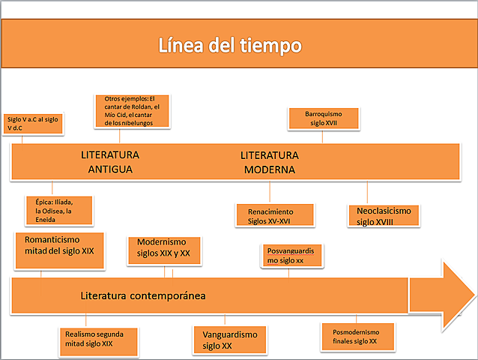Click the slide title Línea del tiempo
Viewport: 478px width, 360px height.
[230, 46]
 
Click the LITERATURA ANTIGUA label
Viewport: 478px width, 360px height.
[110, 162]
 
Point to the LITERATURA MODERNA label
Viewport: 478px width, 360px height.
[269, 162]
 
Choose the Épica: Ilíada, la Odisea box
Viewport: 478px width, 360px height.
[60, 211]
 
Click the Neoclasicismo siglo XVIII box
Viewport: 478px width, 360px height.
[384, 215]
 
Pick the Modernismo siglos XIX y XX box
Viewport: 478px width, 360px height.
[164, 247]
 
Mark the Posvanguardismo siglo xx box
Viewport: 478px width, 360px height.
[292, 256]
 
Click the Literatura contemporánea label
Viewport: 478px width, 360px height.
[143, 295]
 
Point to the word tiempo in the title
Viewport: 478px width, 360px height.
[270, 46]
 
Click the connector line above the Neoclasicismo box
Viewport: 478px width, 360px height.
[368, 191]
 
